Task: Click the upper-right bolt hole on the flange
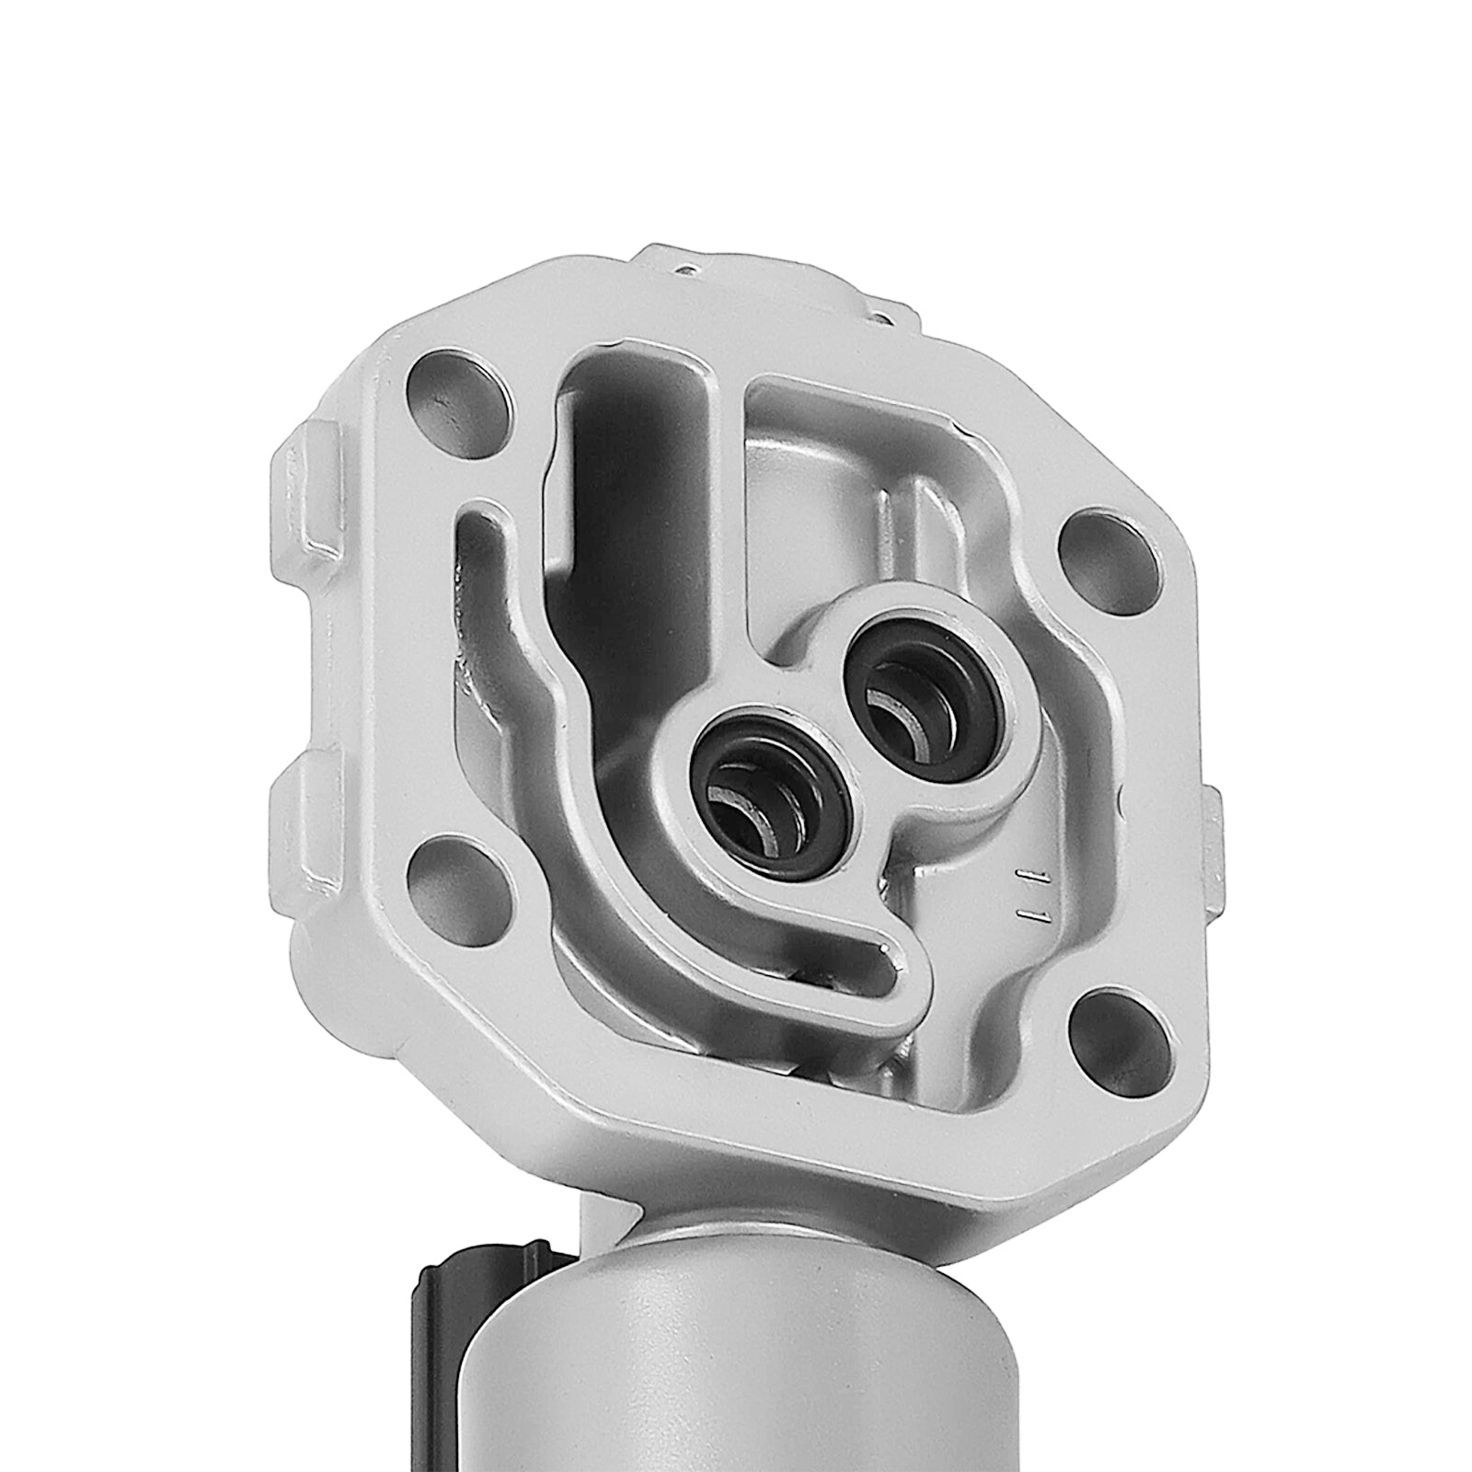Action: [1101, 556]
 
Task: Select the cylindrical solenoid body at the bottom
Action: [736, 1334]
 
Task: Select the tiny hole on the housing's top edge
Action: [685, 270]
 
